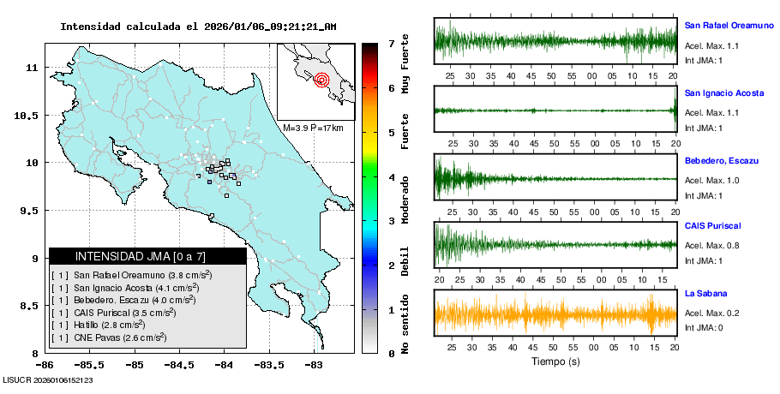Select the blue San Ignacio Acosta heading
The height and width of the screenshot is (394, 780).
point(724,93)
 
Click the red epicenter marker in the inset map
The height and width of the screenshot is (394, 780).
point(321,81)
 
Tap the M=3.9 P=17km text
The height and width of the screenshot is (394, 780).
point(313,128)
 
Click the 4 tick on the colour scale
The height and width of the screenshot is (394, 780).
point(391,177)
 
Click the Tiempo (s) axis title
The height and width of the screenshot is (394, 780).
point(555,361)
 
